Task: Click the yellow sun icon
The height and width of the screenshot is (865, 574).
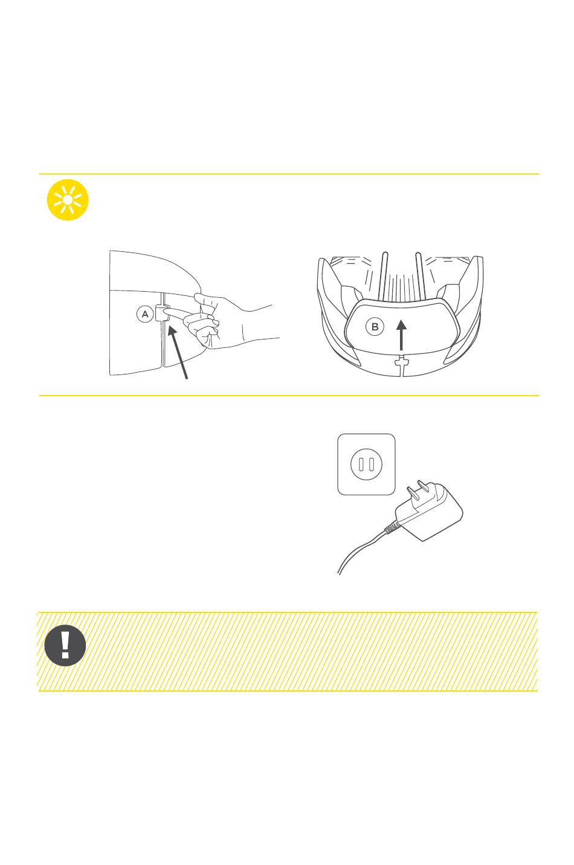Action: click(x=68, y=200)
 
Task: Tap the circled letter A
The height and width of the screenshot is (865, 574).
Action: click(x=145, y=314)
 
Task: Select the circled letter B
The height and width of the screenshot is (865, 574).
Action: click(x=374, y=327)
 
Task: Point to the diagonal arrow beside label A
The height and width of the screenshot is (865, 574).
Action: click(x=178, y=352)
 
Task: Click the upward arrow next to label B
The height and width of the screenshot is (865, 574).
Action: click(x=401, y=335)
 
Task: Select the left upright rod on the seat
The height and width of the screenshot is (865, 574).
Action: click(x=384, y=275)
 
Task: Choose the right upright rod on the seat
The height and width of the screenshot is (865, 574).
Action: click(x=419, y=275)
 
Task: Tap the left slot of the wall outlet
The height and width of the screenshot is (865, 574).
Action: click(x=361, y=464)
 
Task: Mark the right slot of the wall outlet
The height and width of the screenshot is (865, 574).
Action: click(x=372, y=464)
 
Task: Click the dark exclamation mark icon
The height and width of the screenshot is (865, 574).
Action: click(x=65, y=645)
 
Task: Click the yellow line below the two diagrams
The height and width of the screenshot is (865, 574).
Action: click(x=289, y=396)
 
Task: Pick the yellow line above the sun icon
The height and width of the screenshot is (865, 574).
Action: click(x=289, y=174)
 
